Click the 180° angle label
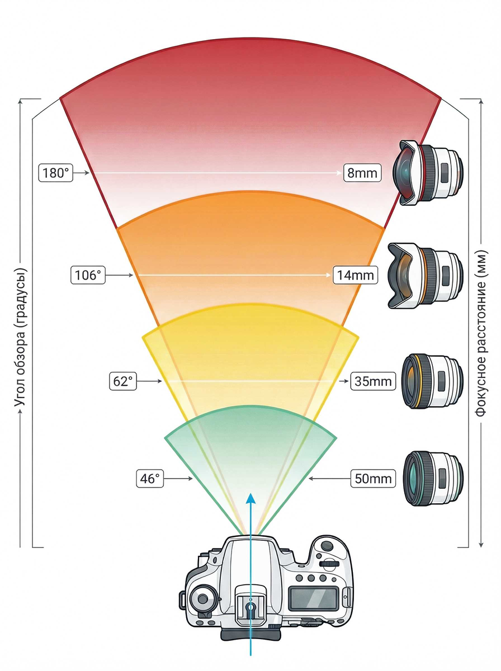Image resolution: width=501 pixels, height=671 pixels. point(56,173)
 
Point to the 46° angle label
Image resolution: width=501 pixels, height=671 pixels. point(150,479)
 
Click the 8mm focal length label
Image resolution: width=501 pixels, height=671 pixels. point(362,173)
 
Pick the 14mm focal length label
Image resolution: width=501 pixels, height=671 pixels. point(355,275)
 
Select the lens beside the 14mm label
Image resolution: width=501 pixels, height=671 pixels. point(426,275)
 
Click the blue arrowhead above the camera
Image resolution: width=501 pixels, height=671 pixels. point(252,499)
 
